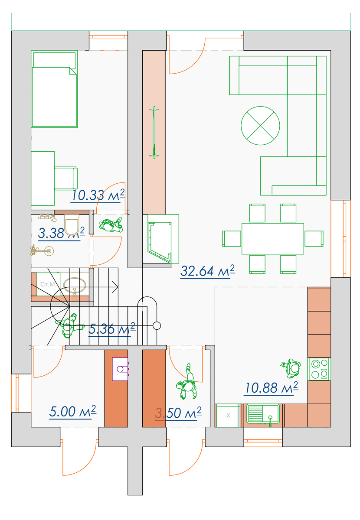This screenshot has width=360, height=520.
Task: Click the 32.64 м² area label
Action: (207, 271)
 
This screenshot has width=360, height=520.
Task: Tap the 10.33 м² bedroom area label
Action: (98, 195)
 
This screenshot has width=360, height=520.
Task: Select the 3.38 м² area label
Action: (61, 233)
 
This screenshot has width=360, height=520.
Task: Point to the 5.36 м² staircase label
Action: (112, 329)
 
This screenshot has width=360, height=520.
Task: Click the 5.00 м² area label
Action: (72, 412)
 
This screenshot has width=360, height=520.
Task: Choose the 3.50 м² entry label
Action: (178, 413)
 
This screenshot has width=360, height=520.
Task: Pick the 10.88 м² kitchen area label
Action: (271, 388)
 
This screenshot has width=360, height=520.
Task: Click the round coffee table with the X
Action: (260, 126)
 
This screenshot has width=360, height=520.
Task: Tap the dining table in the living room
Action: (273, 239)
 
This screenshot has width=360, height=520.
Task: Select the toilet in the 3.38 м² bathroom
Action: (72, 224)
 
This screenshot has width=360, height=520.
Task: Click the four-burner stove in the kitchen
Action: (319, 369)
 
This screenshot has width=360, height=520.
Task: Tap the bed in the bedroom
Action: (54, 89)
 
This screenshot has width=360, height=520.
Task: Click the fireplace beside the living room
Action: (163, 239)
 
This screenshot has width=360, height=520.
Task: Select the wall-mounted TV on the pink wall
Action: (154, 132)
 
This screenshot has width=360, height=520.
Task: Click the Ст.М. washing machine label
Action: (48, 284)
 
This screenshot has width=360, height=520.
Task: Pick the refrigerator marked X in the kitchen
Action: (228, 415)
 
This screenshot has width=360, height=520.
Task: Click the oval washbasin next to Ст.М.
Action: (74, 285)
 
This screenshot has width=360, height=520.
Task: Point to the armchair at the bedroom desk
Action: (66, 178)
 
